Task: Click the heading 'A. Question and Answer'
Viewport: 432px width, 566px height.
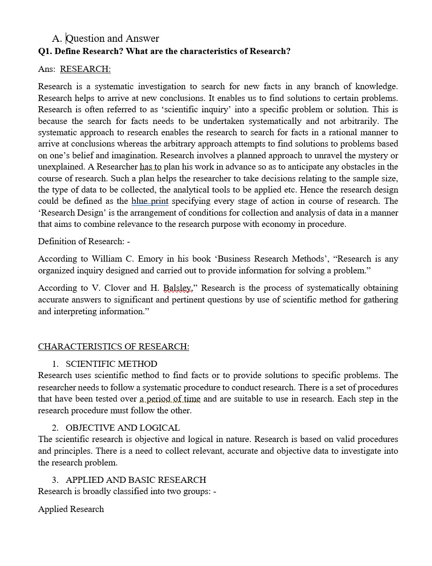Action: pos(106,39)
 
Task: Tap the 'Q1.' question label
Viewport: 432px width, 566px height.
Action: pos(46,51)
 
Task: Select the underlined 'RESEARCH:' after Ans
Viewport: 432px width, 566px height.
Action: pos(85,69)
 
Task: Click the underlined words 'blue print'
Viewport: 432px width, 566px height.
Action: pos(150,201)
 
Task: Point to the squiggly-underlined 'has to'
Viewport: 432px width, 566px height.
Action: pos(150,167)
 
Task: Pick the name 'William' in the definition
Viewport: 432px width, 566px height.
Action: pos(106,259)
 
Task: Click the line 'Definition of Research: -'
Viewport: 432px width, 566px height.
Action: pos(84,241)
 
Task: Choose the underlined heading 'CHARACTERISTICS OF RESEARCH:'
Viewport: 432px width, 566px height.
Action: pos(114,347)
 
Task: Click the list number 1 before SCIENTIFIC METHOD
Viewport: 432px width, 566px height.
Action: pos(55,364)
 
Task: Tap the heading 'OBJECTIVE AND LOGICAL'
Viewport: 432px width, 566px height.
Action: pos(123,428)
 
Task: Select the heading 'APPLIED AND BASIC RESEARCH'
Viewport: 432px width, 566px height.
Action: pos(136,480)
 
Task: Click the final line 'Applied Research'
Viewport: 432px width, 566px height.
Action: pos(71,509)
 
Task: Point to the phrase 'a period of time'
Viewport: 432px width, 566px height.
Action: pos(170,399)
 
